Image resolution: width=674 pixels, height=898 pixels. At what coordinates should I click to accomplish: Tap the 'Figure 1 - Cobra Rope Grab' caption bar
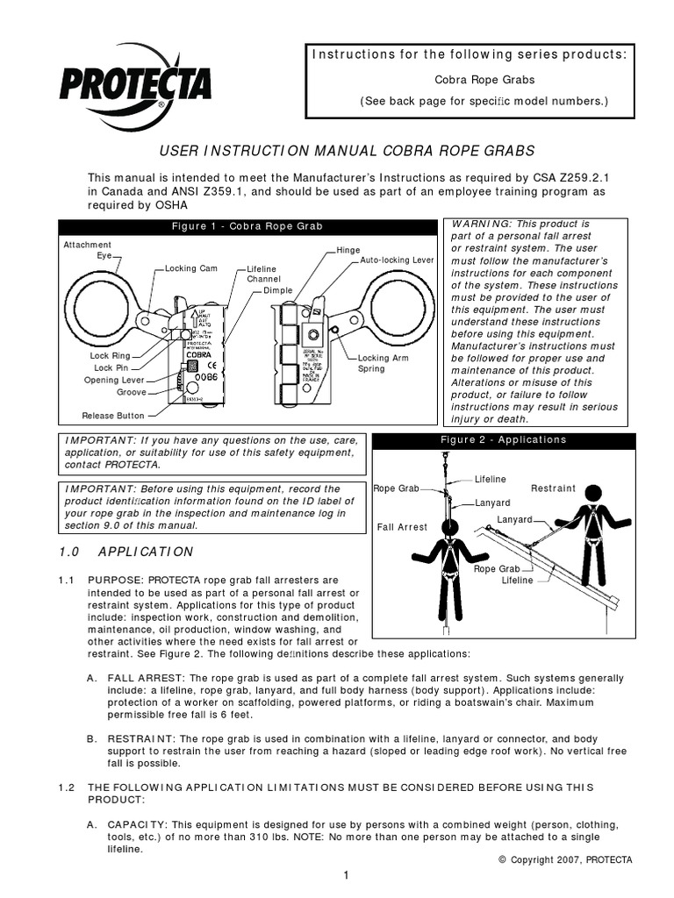247,226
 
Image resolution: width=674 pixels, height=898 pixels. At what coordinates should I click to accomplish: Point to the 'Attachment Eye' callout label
88,250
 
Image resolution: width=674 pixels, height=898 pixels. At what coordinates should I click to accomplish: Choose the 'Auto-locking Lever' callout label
397,261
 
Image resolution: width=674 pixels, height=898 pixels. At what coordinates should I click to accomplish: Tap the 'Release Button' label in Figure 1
113,416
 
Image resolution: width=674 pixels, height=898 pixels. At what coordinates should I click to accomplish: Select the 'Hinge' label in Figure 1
348,250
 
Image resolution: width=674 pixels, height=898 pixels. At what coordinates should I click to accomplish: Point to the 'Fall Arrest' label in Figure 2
402,527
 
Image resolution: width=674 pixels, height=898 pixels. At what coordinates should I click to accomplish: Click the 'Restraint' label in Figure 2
553,488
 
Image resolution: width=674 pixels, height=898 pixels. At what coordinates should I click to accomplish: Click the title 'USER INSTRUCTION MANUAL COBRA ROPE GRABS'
337,151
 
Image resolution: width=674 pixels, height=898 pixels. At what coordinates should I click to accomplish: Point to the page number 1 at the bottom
348,875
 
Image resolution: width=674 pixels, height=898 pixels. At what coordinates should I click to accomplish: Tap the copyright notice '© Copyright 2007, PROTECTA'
565,859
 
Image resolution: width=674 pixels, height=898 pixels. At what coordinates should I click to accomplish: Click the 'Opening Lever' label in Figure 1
114,381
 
